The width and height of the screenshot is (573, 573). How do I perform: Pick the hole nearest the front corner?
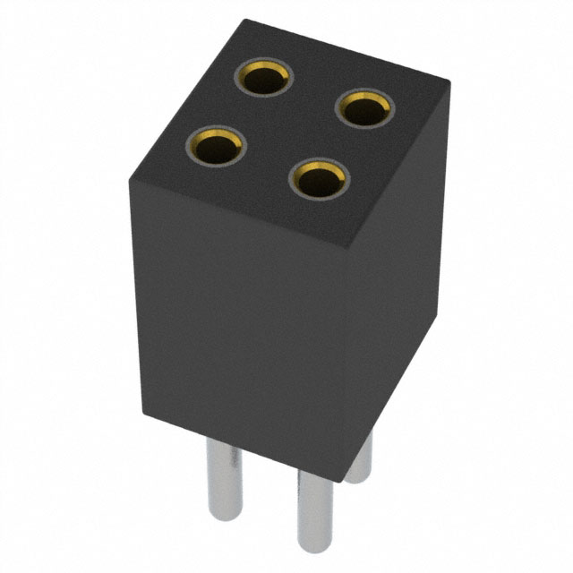pos(318,181)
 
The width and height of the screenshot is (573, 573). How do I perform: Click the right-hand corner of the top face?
pos(449,83)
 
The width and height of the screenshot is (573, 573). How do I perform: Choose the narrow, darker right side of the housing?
pos(394,286)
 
